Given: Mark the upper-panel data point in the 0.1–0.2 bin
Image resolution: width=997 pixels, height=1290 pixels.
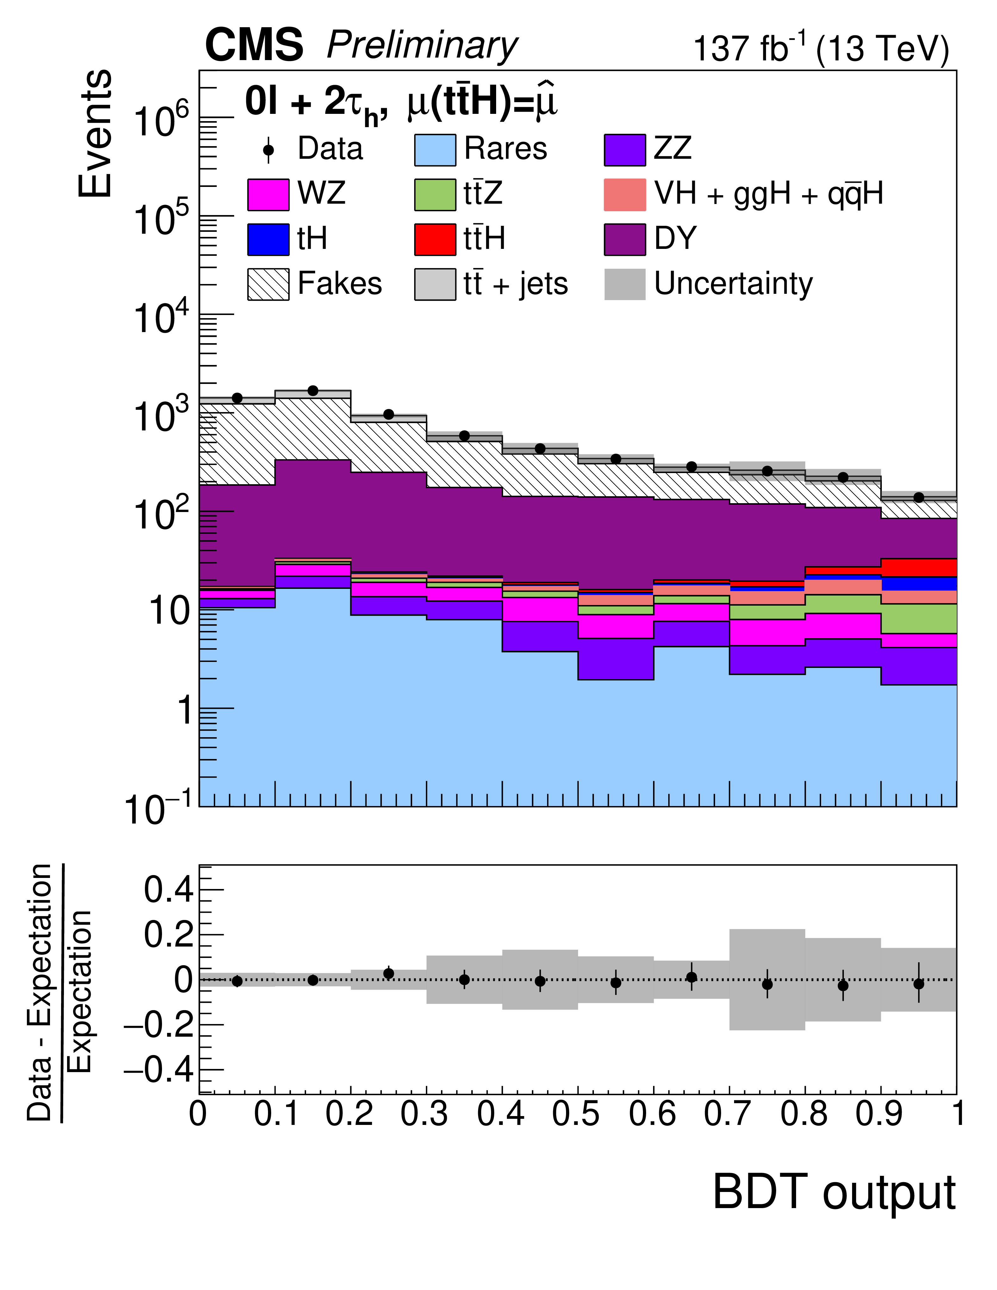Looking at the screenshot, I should coord(313,391).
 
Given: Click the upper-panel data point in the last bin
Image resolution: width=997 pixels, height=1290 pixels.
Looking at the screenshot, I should coord(919,497).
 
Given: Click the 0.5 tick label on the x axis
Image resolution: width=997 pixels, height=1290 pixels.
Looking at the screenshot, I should coord(576,1114).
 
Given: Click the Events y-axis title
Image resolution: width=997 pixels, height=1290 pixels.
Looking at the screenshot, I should coord(95,133).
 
